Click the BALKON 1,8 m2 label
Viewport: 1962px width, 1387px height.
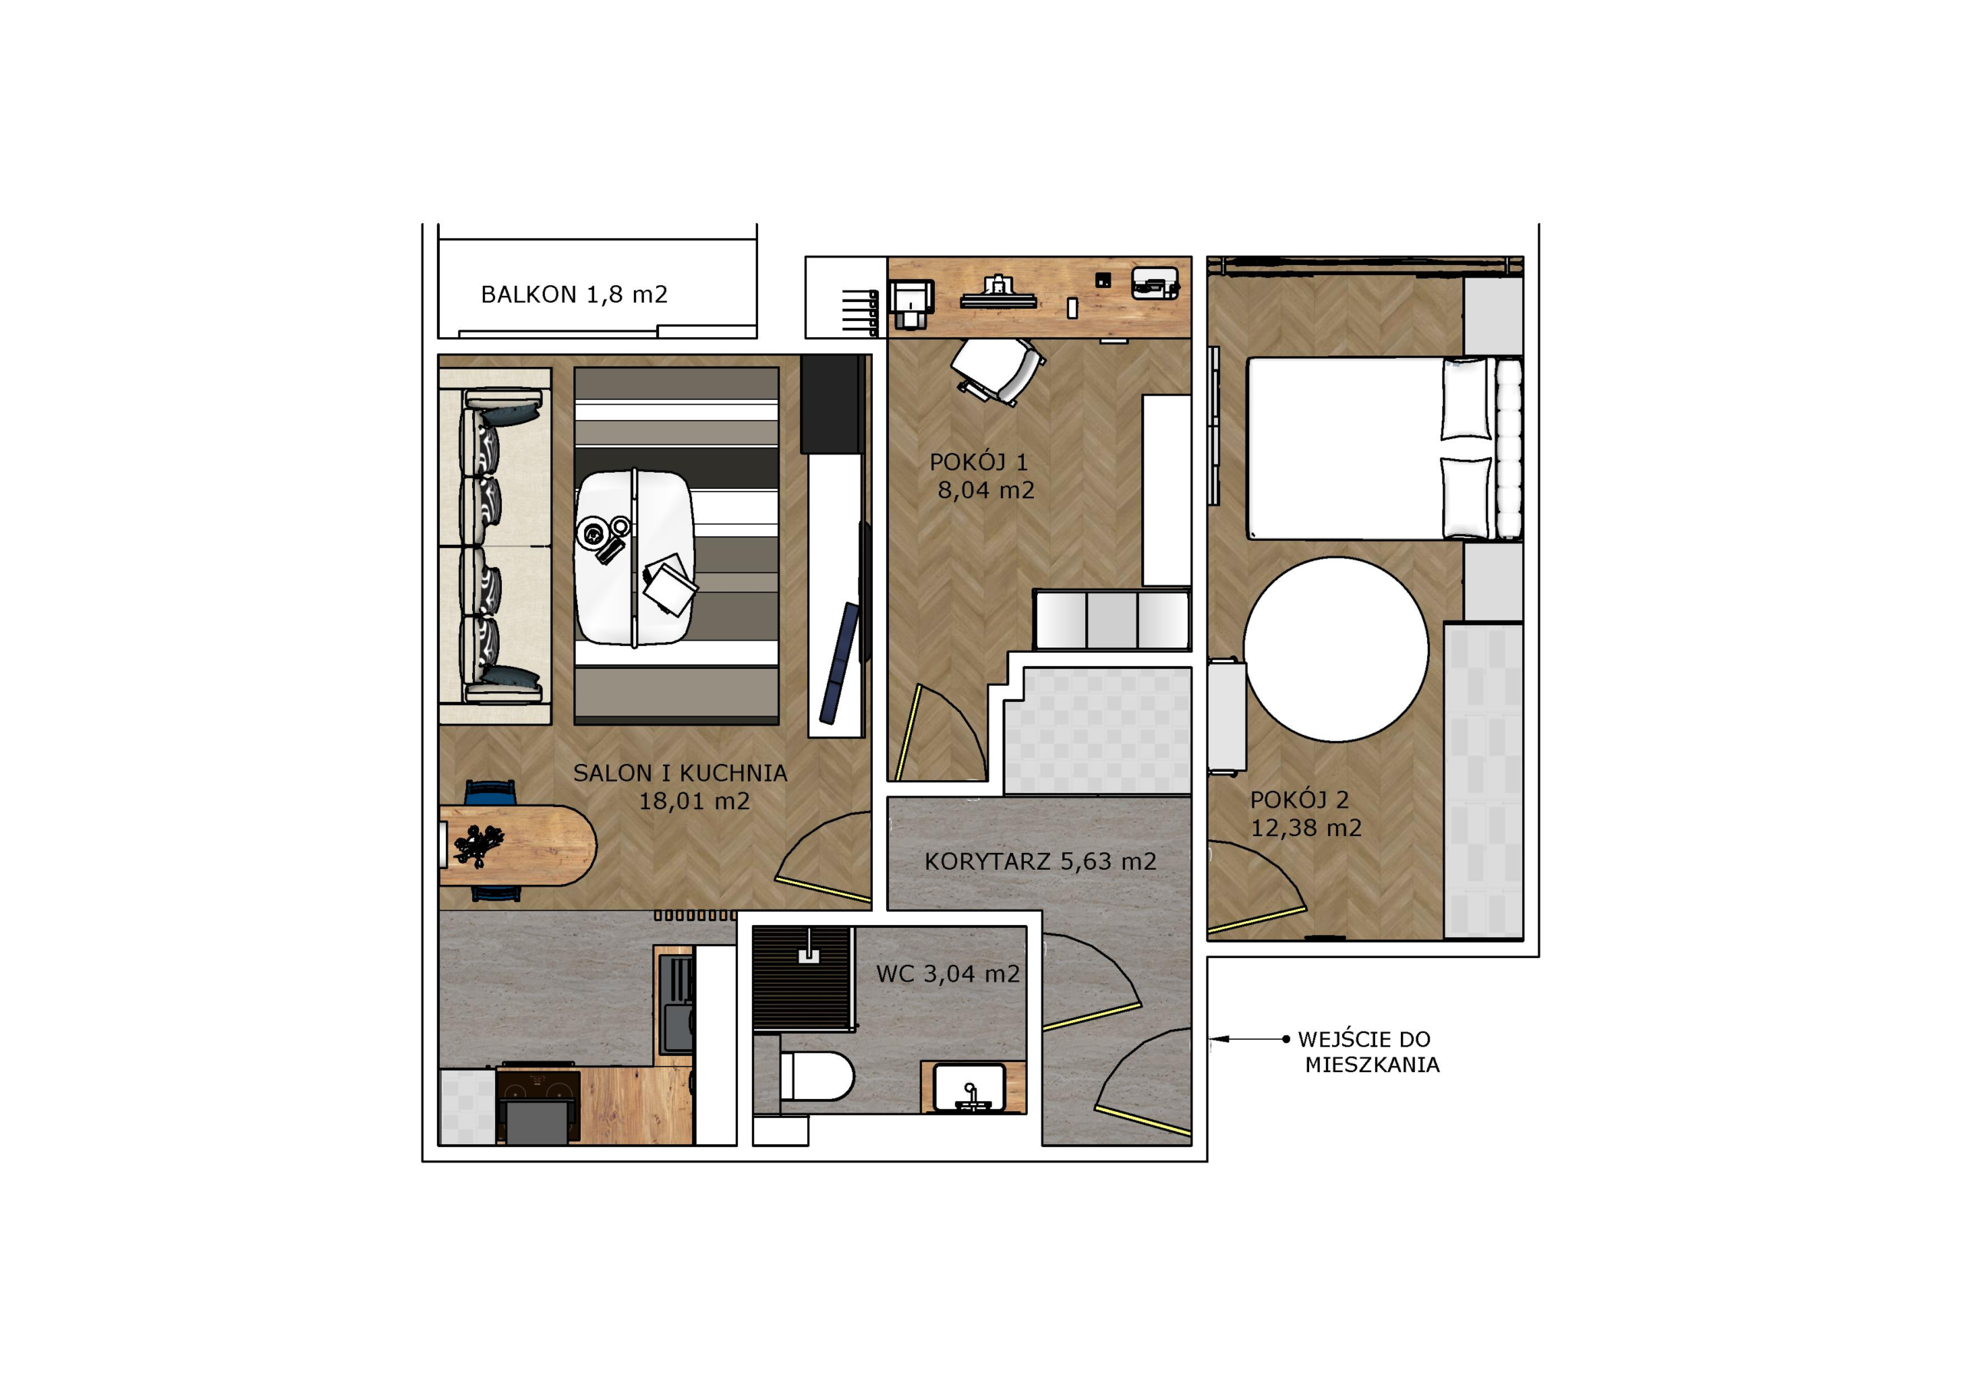click(x=573, y=295)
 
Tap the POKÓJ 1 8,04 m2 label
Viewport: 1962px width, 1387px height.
click(x=983, y=476)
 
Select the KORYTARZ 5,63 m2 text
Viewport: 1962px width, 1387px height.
click(x=1040, y=861)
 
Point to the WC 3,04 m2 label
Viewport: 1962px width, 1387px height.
click(x=948, y=973)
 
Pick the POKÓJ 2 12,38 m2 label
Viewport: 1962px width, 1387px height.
click(x=1306, y=814)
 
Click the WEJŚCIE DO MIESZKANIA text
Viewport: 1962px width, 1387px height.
click(x=1368, y=1052)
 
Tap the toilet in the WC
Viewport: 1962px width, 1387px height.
click(x=816, y=1076)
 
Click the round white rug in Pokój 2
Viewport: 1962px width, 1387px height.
click(x=1336, y=650)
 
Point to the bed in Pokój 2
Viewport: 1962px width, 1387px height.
click(x=1384, y=448)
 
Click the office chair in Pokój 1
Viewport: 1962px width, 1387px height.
click(x=998, y=370)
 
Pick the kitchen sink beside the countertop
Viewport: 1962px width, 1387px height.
click(x=678, y=1003)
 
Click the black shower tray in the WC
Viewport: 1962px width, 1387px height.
click(x=803, y=979)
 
